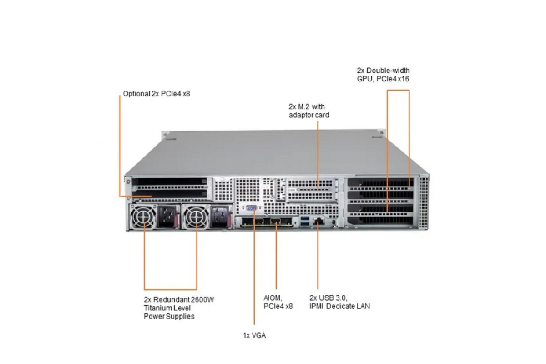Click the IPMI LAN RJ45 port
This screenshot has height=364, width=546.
(x=319, y=221)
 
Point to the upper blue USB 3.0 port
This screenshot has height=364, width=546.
(x=304, y=219)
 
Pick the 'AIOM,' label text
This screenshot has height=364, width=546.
(x=273, y=298)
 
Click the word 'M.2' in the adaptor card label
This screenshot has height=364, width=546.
(x=303, y=106)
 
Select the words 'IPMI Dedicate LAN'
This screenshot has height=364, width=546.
(x=339, y=306)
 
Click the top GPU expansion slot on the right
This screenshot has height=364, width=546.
(x=380, y=183)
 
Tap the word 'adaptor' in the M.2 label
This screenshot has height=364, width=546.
(x=301, y=115)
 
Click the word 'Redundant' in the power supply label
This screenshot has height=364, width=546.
(x=172, y=299)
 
